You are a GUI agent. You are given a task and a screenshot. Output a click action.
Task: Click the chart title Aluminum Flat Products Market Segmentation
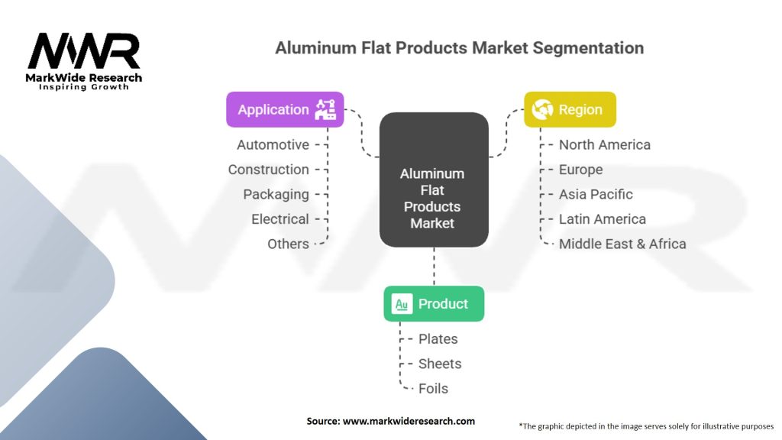(459, 48)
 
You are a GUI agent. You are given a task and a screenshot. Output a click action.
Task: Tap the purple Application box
(285, 109)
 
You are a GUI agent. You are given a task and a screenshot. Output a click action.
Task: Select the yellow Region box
(570, 109)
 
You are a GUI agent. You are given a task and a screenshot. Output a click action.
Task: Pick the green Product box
(434, 303)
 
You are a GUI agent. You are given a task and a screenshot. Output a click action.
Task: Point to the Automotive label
(273, 144)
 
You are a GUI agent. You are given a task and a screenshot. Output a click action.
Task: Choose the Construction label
(268, 170)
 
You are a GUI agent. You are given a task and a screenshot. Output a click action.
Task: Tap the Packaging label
(276, 194)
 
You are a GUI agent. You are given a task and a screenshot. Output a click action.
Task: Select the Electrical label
(280, 219)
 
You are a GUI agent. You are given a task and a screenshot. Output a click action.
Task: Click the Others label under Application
(288, 244)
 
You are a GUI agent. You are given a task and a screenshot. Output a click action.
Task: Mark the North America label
(605, 144)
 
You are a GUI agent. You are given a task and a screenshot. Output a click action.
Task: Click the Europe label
(580, 170)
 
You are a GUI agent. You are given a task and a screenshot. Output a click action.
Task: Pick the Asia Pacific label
(596, 194)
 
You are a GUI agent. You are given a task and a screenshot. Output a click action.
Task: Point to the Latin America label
(602, 219)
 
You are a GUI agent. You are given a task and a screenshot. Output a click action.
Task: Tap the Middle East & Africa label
(622, 244)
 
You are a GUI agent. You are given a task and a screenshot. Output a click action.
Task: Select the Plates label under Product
(438, 338)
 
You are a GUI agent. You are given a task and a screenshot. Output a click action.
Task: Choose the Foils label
(433, 388)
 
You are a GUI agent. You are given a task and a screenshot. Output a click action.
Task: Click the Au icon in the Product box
(402, 304)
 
